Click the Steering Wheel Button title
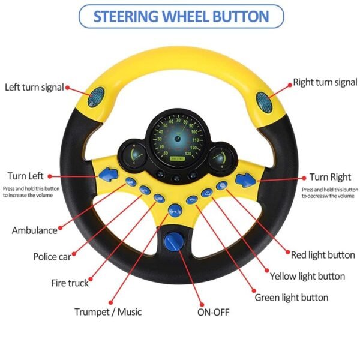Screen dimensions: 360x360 coord(181,16)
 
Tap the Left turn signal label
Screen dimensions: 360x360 coord(34,88)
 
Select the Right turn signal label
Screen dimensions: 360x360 coord(325,82)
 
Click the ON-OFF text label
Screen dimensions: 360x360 coord(213,312)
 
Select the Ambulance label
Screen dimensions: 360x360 coord(34,230)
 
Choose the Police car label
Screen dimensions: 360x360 coord(52,257)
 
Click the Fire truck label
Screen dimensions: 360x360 coord(70,283)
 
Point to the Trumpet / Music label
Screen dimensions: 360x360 coord(109,311)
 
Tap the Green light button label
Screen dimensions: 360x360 coord(292,298)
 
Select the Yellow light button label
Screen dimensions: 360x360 coord(307,277)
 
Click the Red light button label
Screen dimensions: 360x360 coord(323,255)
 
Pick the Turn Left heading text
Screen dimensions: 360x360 coord(25,176)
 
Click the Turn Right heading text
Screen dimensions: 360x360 coord(330,177)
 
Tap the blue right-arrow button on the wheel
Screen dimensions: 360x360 coord(245,178)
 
